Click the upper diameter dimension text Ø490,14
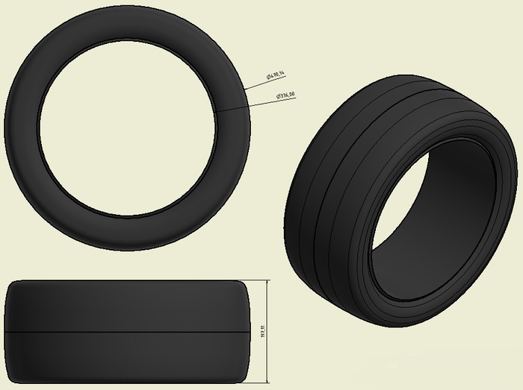coord(276,75)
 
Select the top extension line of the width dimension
coord(258,280)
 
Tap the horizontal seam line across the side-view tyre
coord(127,330)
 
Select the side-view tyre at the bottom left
coord(127,306)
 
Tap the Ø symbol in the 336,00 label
coord(277,97)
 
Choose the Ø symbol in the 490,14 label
coord(267,78)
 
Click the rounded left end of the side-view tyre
coord(9,330)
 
